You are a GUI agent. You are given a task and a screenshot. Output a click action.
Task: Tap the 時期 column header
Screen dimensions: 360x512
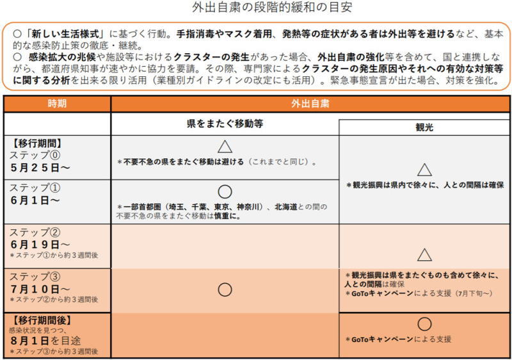[x=57, y=104]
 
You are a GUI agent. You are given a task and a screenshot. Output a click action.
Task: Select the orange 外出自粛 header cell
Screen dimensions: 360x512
[x=310, y=104]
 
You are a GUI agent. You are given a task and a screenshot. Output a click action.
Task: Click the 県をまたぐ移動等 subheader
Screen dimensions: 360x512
[x=224, y=124]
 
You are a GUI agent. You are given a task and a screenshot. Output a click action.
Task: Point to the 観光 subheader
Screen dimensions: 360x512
[x=424, y=127]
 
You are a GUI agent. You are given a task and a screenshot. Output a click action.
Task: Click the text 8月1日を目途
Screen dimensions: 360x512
[x=45, y=340]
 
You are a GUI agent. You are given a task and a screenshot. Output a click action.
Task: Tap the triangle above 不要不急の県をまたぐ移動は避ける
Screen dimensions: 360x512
[x=224, y=147]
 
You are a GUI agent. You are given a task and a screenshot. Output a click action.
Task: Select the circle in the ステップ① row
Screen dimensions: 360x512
[x=224, y=191]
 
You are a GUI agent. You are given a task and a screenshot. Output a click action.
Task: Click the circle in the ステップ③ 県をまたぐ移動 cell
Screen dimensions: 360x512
[x=224, y=290]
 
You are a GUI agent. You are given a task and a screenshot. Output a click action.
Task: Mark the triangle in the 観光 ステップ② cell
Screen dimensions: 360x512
[x=424, y=255]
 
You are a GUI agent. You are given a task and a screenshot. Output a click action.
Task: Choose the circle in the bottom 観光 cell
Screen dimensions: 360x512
[x=424, y=324]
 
